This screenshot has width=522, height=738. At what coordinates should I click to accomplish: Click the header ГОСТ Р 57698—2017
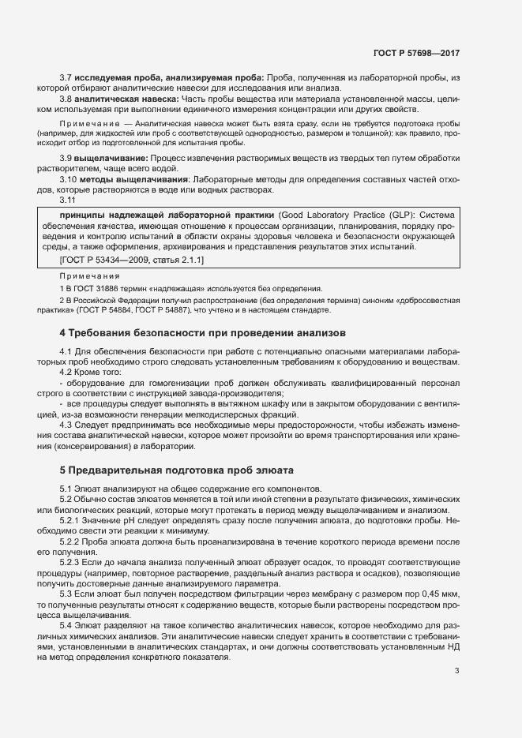415,53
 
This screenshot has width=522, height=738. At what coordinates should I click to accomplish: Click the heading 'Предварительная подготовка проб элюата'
177,469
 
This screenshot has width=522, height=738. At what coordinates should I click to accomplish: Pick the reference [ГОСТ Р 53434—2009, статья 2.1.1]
132,260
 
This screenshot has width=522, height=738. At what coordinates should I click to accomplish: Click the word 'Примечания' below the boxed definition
89,276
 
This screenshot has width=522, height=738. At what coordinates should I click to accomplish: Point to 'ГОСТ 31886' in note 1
92,289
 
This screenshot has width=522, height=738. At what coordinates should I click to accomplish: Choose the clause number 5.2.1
72,521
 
